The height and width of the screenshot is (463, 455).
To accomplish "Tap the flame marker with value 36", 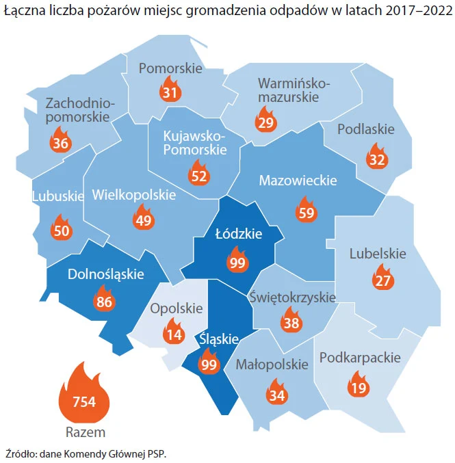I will pyautogui.click(x=61, y=142).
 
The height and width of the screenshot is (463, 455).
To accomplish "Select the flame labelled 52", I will pyautogui.click(x=199, y=174).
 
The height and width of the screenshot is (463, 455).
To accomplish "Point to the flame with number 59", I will pyautogui.click(x=306, y=211).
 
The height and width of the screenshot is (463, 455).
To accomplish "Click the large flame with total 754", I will pyautogui.click(x=84, y=398).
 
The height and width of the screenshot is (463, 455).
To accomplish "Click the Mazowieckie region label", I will pyautogui.click(x=298, y=181).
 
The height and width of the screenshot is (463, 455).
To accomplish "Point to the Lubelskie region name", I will pyautogui.click(x=378, y=254).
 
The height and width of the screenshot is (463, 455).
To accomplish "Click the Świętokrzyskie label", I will pyautogui.click(x=293, y=297).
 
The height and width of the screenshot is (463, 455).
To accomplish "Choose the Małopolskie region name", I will pyautogui.click(x=272, y=365).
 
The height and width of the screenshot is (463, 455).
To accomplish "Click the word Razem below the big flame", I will pyautogui.click(x=85, y=432).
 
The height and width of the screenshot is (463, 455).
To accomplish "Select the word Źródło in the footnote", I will pyautogui.click(x=21, y=453).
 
